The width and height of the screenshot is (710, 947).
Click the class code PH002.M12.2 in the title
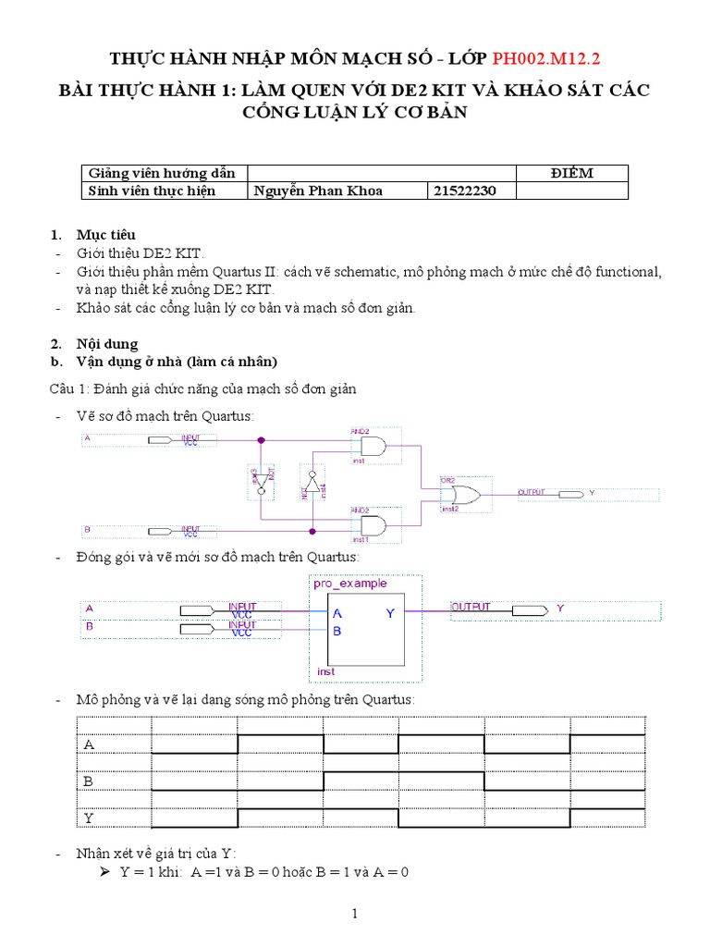click(545, 59)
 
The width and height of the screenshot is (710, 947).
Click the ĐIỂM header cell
click(571, 173)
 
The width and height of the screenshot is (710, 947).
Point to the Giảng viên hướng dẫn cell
click(161, 173)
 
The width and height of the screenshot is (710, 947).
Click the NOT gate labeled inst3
click(261, 479)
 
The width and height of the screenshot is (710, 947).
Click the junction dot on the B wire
click(312, 531)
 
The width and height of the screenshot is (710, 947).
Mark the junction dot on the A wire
click(261, 441)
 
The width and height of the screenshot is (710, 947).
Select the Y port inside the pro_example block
click(390, 613)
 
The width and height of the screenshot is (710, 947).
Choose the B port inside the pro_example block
click(337, 632)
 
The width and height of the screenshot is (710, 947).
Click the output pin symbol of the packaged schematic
click(528, 610)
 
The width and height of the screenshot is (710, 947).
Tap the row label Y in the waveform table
click(89, 818)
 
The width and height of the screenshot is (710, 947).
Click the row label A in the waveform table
click(89, 744)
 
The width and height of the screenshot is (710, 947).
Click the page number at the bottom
click(354, 915)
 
